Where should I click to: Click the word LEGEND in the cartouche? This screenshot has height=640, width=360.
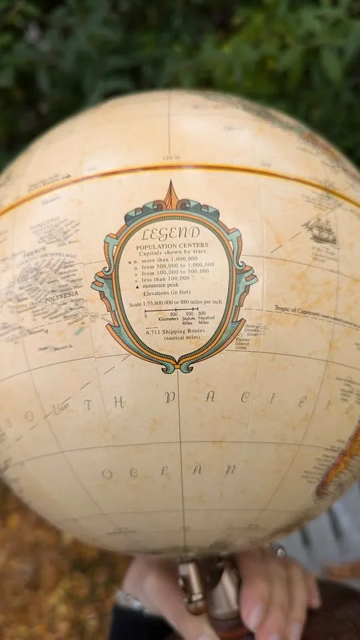click(171, 233)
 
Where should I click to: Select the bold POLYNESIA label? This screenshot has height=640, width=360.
click(61, 293)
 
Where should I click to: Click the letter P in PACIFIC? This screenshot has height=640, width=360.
click(170, 398)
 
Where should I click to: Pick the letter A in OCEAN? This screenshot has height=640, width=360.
click(197, 469)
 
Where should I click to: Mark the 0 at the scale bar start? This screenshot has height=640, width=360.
click(145, 315)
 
